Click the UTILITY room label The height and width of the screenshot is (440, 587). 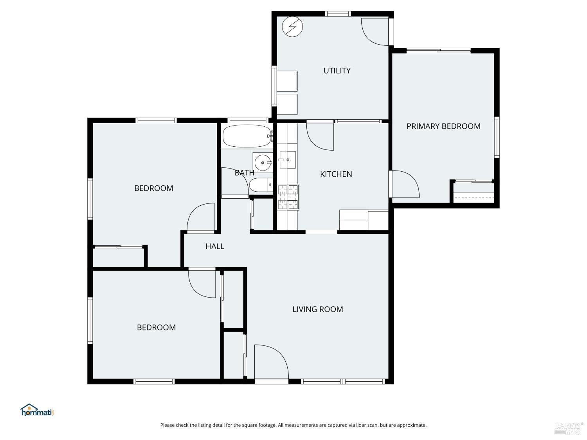(337, 71)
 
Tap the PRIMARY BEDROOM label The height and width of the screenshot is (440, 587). (443, 126)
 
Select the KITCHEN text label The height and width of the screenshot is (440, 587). (336, 174)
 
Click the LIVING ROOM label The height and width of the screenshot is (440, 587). (317, 309)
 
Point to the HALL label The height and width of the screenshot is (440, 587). (215, 246)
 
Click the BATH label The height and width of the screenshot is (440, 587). (244, 172)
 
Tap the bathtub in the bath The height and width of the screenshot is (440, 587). (247, 136)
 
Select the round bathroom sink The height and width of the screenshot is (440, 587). (262, 162)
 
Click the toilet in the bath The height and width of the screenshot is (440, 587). (261, 185)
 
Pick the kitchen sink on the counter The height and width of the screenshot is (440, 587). (287, 160)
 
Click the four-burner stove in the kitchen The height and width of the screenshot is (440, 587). (288, 197)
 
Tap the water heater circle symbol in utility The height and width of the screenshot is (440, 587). (292, 27)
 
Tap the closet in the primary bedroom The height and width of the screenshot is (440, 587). (474, 193)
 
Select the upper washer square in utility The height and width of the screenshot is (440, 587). (287, 81)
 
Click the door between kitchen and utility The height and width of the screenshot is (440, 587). (320, 136)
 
